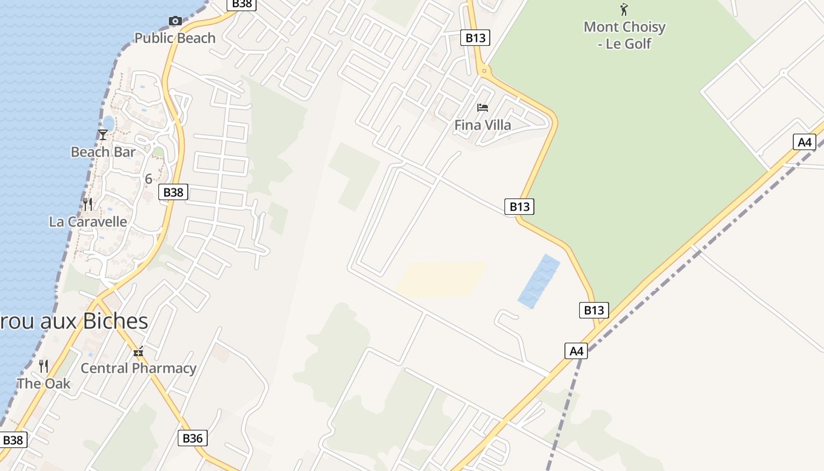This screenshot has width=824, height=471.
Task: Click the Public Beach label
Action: [175, 38]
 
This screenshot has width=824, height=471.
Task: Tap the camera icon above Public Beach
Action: [175, 21]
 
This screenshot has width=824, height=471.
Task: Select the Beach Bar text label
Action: [103, 152]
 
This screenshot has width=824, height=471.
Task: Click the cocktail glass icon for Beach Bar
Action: [103, 135]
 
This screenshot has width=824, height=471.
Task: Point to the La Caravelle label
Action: [88, 222]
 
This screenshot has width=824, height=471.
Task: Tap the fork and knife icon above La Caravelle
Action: [88, 204]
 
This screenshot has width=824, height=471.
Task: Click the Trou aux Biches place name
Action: [74, 321]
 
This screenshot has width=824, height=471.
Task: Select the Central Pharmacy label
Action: [138, 369]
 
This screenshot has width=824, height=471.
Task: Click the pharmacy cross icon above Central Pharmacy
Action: [138, 352]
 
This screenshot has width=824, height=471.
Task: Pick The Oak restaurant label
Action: [44, 384]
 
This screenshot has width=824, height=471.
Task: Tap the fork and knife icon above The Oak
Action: [44, 366]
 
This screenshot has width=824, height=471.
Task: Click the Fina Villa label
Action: [483, 125]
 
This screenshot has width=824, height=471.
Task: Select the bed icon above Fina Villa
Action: [483, 108]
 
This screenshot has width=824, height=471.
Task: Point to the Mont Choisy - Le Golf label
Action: [624, 35]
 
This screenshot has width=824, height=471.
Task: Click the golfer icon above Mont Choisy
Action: [624, 9]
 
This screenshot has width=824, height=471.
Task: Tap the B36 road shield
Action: [192, 438]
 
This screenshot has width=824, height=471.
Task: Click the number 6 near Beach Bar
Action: [148, 179]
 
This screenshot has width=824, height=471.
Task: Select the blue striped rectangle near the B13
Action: [539, 281]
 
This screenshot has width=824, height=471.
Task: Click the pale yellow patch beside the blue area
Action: [441, 278]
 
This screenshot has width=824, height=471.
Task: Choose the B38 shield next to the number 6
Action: [173, 192]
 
